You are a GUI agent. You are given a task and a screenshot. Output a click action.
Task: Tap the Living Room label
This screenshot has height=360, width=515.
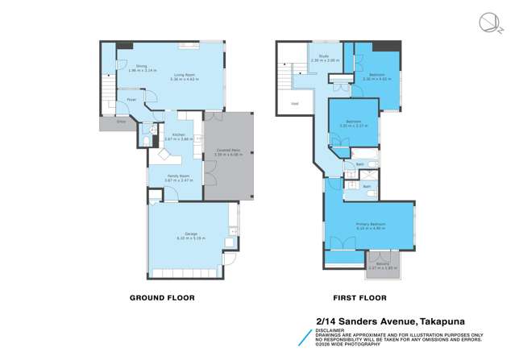pos(184,76)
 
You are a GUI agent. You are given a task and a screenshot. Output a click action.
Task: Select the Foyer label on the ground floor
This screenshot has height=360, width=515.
pos(130,100)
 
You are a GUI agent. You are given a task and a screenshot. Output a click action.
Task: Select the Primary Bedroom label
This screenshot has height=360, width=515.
pos(372,225)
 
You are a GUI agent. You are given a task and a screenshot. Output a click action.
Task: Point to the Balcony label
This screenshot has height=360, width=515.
pos(378,264)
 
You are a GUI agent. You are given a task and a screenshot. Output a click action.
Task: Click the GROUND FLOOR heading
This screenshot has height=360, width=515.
pos(162,298)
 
